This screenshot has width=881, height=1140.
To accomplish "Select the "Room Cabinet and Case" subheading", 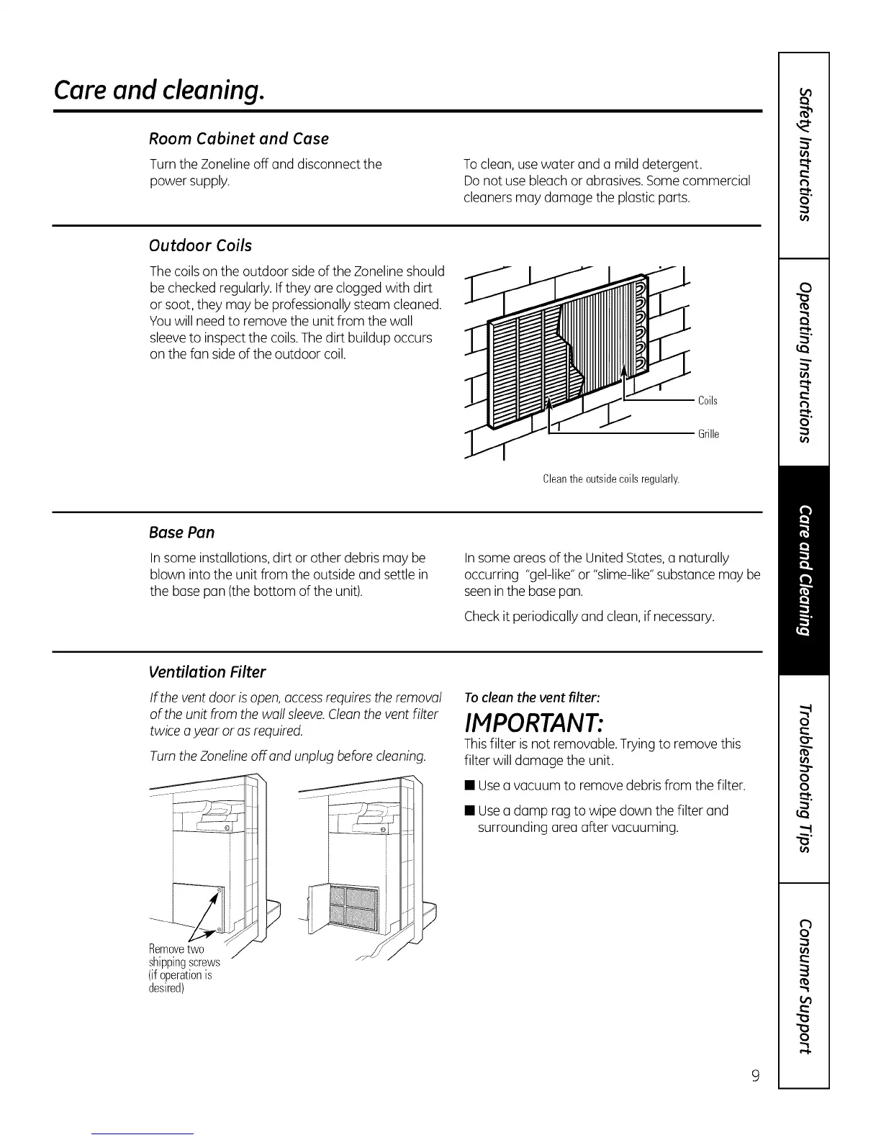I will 238,138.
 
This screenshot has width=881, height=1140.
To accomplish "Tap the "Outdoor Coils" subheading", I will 200,245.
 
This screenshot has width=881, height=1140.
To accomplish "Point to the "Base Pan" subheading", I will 181,532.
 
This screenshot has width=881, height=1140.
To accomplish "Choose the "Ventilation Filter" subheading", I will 207,671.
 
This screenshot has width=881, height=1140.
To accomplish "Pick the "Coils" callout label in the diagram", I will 708,400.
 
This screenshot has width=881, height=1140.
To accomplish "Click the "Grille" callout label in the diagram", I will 708,434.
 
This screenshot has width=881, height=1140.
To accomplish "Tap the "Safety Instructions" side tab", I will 805,154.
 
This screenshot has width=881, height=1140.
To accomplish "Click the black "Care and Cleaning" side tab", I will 805,571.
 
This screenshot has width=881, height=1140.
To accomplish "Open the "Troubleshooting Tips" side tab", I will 805,777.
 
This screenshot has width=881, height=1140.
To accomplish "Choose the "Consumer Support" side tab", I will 805,986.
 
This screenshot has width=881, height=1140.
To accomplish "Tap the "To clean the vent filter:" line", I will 531,697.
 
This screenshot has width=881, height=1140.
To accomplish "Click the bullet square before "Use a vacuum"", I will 469,785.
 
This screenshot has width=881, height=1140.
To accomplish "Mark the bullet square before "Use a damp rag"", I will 469,811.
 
